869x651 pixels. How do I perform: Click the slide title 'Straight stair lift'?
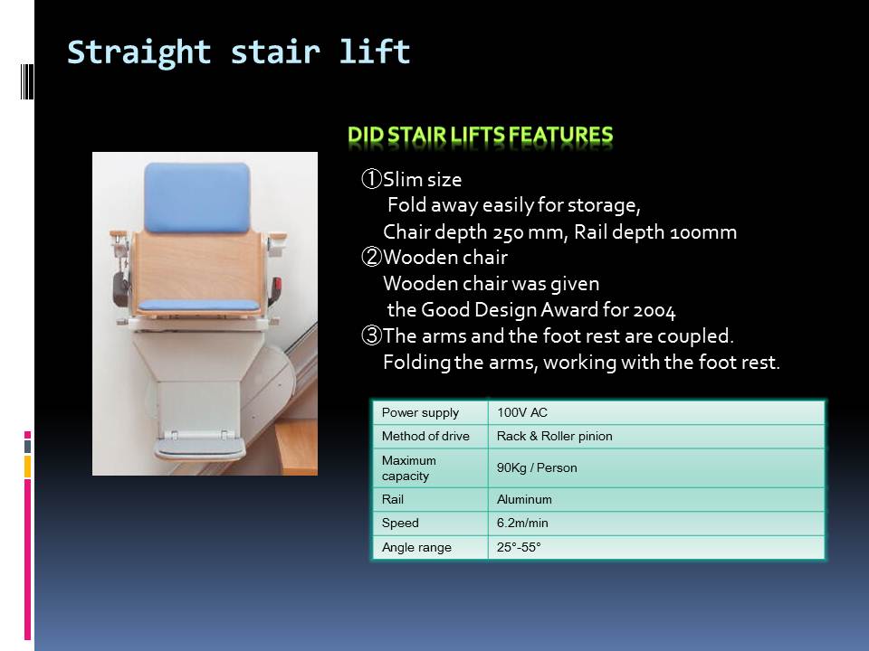tap(239, 52)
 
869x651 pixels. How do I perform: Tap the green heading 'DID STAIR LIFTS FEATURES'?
tap(480, 135)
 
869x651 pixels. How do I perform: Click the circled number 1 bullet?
tap(371, 179)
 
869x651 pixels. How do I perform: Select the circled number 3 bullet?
tap(371, 335)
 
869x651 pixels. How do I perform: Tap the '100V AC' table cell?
tap(522, 412)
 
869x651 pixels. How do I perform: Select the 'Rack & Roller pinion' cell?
tap(554, 436)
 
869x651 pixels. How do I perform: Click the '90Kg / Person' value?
tap(537, 467)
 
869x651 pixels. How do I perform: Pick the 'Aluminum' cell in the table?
tap(524, 499)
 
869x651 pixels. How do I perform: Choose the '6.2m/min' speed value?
tap(522, 524)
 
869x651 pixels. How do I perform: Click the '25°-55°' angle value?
tap(519, 548)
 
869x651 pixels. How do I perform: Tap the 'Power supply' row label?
tap(420, 412)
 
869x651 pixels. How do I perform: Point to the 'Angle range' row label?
tap(416, 548)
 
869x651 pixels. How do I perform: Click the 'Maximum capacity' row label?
tap(408, 468)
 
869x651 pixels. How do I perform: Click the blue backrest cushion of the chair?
tap(196, 197)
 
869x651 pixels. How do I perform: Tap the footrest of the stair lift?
tap(199, 447)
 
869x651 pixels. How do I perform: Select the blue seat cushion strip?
tap(198, 305)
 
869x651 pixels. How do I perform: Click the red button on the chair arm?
tap(277, 285)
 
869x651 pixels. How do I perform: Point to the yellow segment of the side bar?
tap(27, 467)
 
